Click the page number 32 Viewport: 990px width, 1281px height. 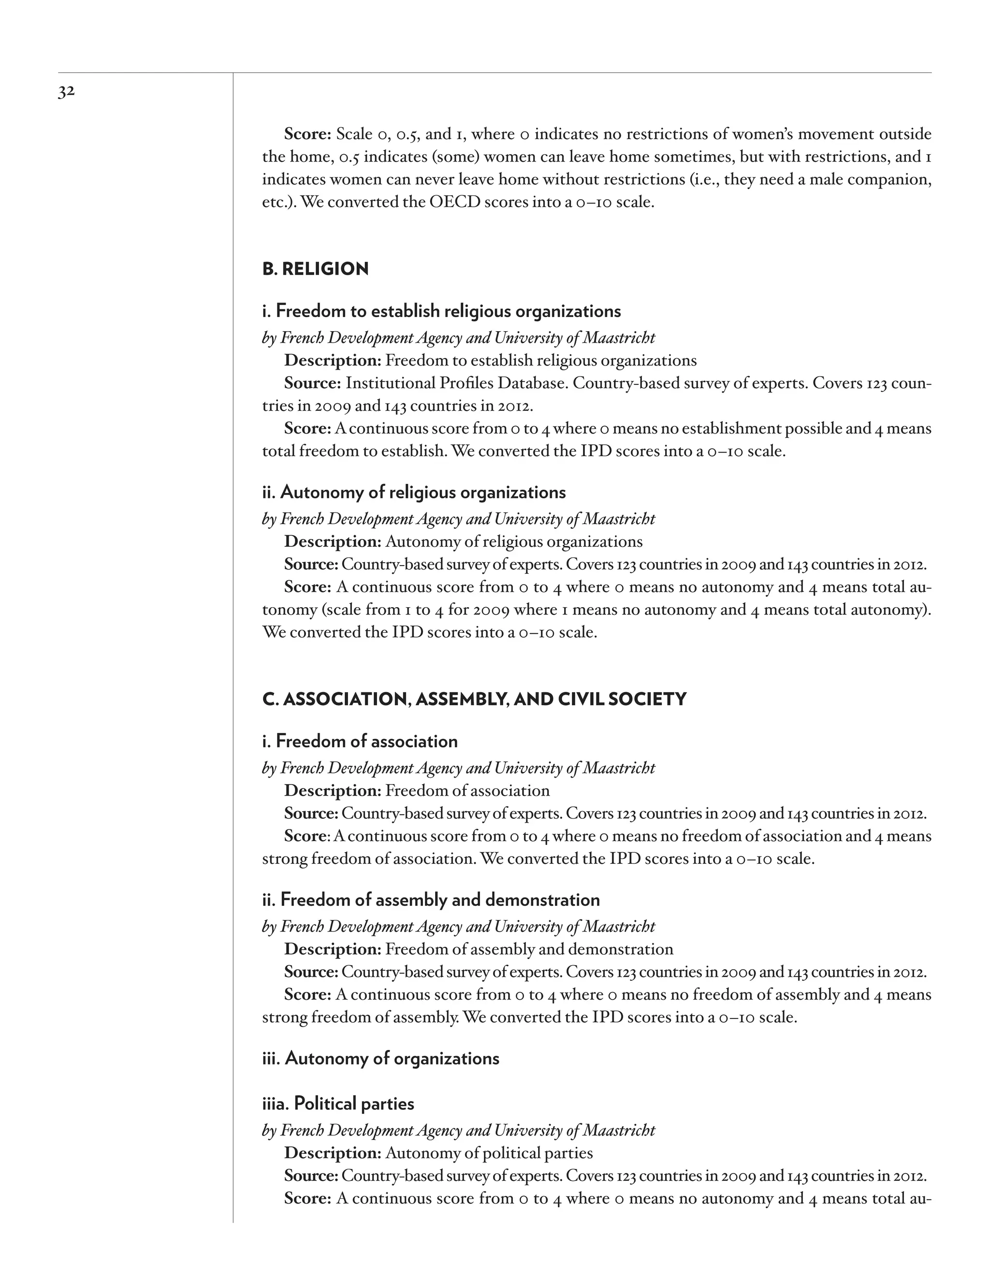point(66,92)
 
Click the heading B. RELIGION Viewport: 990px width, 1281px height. point(315,269)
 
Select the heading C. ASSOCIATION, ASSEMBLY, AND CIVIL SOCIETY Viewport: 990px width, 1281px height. point(474,699)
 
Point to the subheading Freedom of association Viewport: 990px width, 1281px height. point(360,742)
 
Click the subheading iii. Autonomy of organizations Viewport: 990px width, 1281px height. point(380,1059)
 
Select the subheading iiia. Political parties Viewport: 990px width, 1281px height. point(338,1104)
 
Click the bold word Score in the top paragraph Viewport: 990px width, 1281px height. point(307,134)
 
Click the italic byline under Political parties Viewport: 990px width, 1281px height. point(459,1130)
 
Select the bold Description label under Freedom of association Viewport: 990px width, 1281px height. point(333,791)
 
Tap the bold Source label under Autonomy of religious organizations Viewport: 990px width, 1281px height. point(311,564)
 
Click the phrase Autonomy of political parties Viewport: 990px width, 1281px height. point(489,1153)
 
